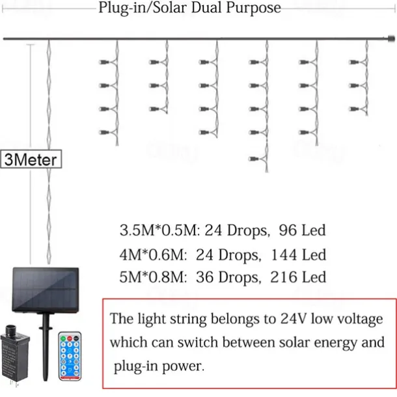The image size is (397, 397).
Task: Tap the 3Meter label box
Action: click(x=31, y=159)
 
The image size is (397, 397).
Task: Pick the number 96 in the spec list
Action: click(x=289, y=230)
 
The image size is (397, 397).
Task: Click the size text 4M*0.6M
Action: click(x=152, y=254)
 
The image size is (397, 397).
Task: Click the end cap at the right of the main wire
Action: click(x=391, y=40)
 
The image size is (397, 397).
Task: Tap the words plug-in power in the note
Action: click(x=157, y=366)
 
